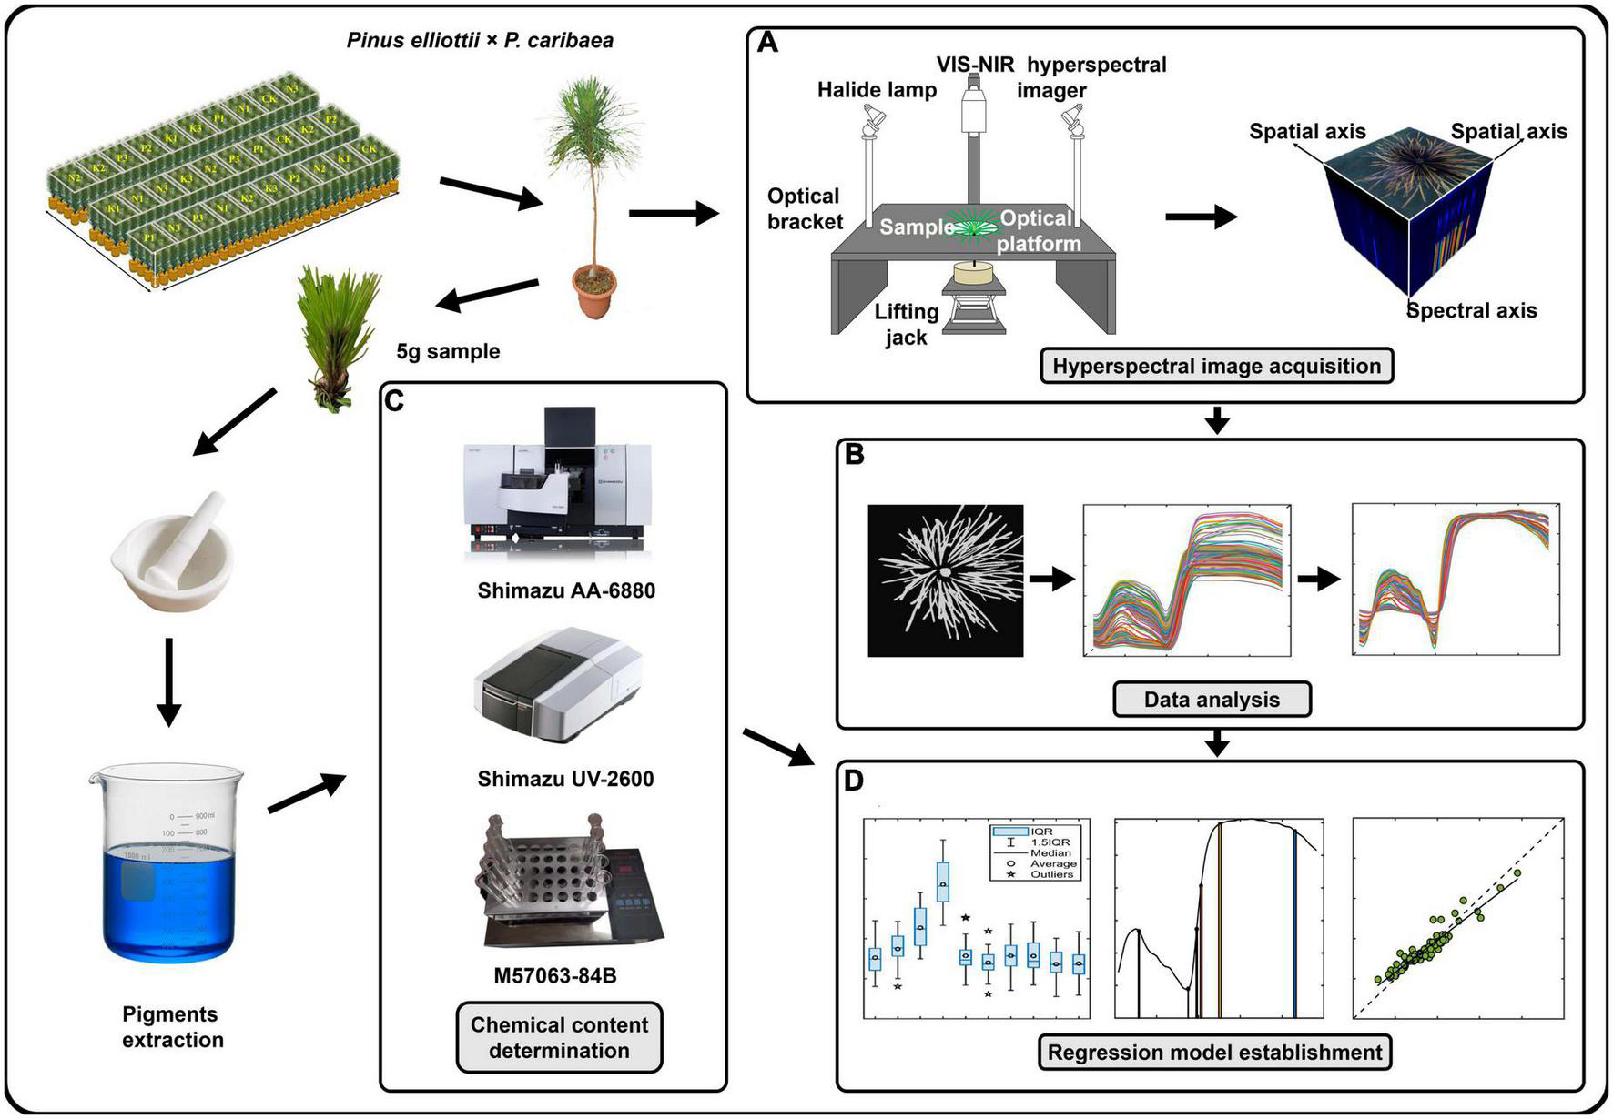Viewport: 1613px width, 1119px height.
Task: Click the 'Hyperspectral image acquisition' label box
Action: [x=1216, y=366]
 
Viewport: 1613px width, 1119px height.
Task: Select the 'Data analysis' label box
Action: [x=1212, y=700]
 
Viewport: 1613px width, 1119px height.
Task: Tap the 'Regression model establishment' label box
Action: [x=1214, y=1053]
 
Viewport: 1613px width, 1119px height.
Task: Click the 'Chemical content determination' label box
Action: [x=559, y=1037]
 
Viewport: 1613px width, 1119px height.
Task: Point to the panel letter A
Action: [x=767, y=43]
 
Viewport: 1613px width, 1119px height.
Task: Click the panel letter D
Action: [x=854, y=781]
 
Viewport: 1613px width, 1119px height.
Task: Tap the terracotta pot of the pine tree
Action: [x=593, y=290]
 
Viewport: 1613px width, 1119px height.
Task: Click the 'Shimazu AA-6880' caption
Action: [x=566, y=590]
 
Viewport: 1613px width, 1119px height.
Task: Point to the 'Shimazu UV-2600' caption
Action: [x=565, y=779]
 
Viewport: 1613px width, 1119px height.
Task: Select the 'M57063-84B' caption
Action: [x=555, y=976]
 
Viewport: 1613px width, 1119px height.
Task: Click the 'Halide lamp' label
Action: [x=876, y=90]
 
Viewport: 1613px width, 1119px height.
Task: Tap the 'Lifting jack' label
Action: [x=906, y=325]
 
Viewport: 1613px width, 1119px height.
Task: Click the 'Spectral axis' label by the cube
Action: [x=1471, y=311]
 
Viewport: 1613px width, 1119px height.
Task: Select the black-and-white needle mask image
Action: [x=945, y=580]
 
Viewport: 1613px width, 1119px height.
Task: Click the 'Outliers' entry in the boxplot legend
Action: [x=1051, y=874]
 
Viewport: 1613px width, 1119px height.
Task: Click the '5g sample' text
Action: [x=448, y=351]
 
